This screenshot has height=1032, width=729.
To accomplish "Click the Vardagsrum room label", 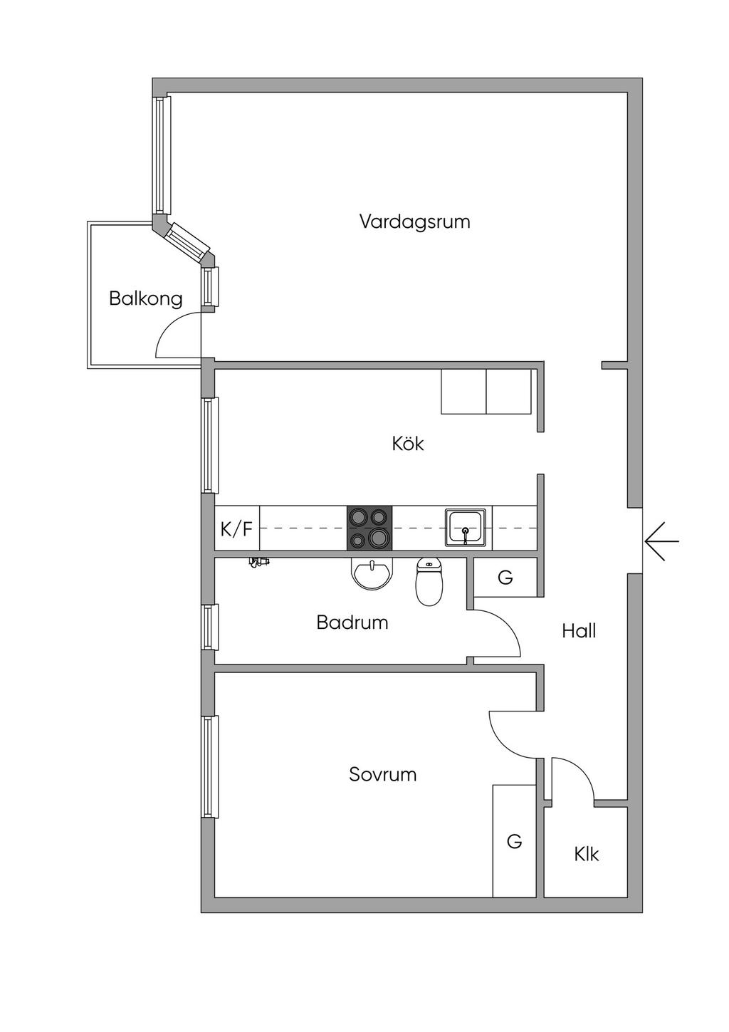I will (414, 221).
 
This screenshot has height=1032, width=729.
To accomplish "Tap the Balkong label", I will (145, 298).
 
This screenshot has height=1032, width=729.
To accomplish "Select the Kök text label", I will (407, 444).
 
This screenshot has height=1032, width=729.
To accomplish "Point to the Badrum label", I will (352, 622).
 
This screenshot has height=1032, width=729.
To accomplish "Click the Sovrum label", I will (382, 774).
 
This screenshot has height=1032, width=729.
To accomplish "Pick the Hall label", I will (578, 630).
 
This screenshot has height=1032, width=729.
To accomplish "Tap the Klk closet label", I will (587, 854).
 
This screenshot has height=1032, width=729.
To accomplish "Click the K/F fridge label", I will (236, 529).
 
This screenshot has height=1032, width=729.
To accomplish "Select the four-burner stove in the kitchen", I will (369, 528).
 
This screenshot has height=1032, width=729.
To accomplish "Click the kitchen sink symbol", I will (466, 528).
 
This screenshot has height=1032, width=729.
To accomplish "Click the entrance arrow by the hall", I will (661, 541).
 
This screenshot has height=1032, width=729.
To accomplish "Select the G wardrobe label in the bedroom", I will (514, 842).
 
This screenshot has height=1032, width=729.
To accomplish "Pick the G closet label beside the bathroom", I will (505, 578).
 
